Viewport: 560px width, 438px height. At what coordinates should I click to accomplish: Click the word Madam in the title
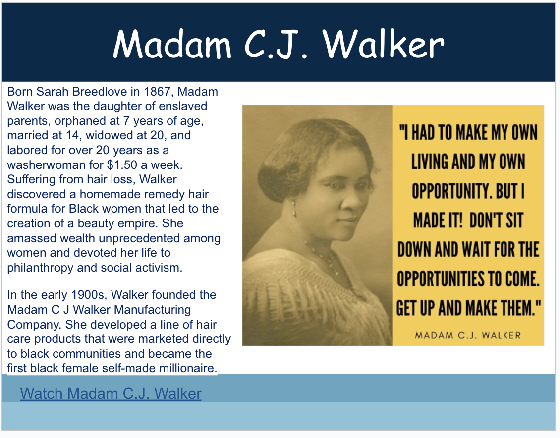click(172, 44)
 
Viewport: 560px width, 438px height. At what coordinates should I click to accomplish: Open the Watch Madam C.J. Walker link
click(111, 394)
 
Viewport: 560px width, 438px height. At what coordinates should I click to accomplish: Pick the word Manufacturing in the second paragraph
click(143, 310)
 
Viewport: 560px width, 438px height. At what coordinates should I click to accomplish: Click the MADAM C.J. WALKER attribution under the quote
click(468, 335)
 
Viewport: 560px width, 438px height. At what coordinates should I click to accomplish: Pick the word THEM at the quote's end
click(521, 308)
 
